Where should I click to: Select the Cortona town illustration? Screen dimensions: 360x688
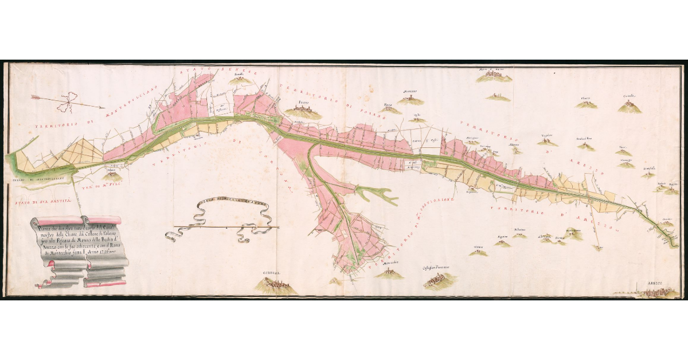[277, 285]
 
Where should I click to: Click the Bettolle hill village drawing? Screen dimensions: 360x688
[240, 79]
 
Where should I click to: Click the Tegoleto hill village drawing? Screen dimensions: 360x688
[547, 140]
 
